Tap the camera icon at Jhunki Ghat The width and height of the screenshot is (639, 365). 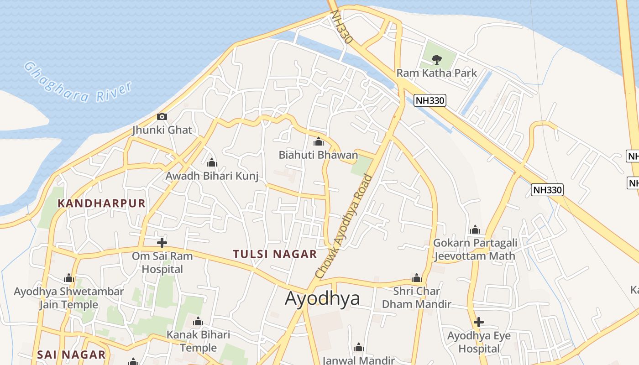pos(162,117)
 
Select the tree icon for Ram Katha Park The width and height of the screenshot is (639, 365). pos(437,59)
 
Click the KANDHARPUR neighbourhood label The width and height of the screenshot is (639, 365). pos(101,203)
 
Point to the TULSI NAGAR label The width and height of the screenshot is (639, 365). pos(275,254)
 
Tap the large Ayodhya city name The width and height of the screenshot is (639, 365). pos(322,298)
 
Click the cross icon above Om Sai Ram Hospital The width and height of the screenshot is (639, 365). pos(162,243)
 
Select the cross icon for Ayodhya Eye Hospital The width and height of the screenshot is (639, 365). pos(478,323)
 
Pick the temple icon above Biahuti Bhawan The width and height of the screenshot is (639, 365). pos(319,142)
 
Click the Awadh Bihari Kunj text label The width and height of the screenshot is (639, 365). pos(212,176)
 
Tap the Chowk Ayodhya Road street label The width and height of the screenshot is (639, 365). pos(345,227)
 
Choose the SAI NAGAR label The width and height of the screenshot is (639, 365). pos(71,355)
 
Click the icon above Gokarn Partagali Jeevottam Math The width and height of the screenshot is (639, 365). pos(475,229)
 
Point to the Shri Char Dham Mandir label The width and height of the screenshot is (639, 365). pos(416,297)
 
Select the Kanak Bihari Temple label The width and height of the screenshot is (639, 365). pos(198,341)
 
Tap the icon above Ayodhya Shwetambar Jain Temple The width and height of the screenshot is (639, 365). pos(69,278)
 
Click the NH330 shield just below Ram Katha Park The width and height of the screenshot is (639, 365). pos(429,100)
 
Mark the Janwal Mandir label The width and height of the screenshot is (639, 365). pos(358,360)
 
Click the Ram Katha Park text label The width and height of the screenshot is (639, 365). pos(436,73)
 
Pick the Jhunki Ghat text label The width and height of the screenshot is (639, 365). pos(162,130)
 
